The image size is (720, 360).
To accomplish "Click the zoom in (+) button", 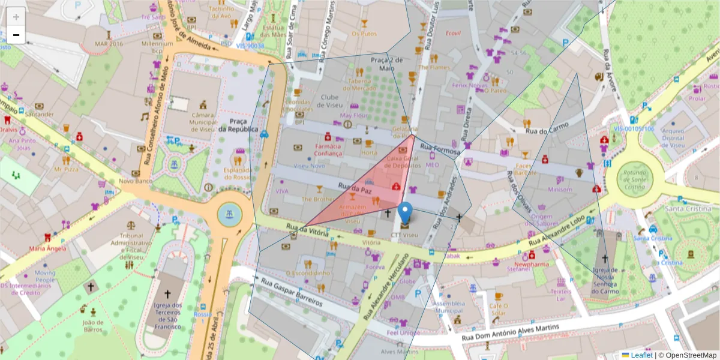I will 16,16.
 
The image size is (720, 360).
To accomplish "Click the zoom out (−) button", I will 16,35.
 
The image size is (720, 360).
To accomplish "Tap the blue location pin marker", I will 406,212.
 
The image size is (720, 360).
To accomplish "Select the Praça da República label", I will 238,125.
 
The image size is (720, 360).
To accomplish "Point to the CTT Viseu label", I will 404,235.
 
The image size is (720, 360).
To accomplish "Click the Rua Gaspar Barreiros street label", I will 287,292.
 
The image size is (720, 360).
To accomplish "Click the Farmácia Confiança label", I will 328,149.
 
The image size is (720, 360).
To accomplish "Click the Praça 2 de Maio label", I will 386,64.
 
